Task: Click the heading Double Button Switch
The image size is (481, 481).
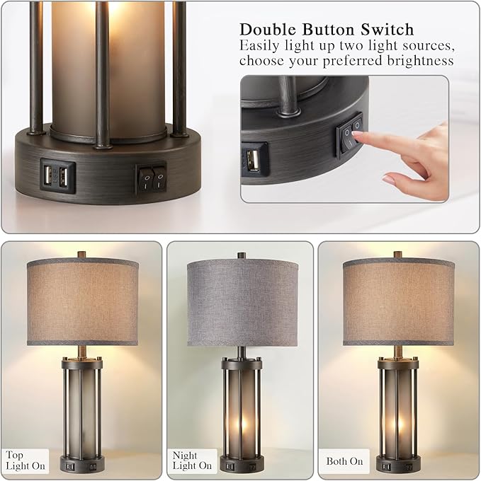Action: [x=326, y=30]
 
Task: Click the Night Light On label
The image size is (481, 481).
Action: [x=192, y=460]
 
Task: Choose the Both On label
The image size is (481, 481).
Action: [x=344, y=461]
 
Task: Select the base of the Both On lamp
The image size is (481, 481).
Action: [x=397, y=465]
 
